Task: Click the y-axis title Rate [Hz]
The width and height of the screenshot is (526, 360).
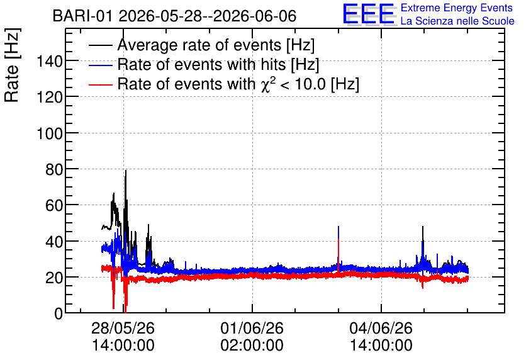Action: tap(12, 65)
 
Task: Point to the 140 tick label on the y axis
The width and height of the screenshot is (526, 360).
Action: tap(49, 62)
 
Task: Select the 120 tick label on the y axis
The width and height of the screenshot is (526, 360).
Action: tap(49, 98)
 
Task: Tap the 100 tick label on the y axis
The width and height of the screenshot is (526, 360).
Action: tap(49, 133)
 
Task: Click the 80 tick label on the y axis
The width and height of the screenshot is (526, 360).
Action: tap(54, 169)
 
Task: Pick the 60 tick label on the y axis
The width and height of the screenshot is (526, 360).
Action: tap(54, 205)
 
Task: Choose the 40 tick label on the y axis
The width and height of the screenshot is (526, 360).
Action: tap(54, 242)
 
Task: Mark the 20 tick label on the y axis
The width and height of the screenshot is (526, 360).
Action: tap(54, 278)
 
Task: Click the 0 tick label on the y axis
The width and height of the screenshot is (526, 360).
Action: tap(59, 313)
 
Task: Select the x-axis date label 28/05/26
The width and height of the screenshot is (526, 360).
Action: tap(123, 328)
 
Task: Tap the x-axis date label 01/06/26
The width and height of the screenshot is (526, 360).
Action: tap(252, 328)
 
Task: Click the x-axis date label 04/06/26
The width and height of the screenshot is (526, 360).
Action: tap(381, 328)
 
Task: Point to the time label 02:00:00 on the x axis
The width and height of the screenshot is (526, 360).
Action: tap(252, 346)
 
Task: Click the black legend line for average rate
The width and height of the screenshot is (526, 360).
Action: tap(100, 45)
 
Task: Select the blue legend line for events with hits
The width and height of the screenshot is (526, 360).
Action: tap(100, 65)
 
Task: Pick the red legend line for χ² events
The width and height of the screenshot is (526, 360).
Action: tap(100, 84)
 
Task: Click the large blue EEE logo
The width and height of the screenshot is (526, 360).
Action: tap(369, 13)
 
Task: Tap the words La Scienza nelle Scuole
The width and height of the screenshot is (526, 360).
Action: tap(457, 21)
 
